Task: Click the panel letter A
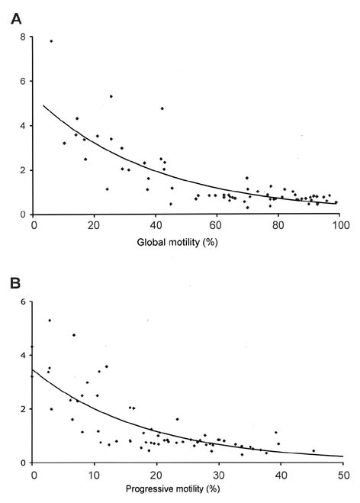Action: [16, 19]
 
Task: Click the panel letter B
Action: [15, 283]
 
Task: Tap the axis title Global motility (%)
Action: [177, 242]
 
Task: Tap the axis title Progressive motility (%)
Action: [173, 489]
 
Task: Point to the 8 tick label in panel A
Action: [22, 37]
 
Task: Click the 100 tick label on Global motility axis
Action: [340, 225]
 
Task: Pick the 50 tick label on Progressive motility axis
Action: [343, 475]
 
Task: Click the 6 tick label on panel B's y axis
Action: [22, 301]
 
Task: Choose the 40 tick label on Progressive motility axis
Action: [281, 475]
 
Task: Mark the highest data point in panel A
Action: [51, 41]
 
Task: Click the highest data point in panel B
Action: [50, 320]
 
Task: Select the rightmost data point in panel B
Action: [313, 450]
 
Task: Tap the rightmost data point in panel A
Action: [336, 202]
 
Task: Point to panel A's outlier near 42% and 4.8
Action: [162, 108]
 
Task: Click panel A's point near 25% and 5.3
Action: [111, 96]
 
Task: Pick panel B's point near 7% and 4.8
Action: [74, 335]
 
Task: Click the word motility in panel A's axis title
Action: [186, 242]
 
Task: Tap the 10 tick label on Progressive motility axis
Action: [95, 475]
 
